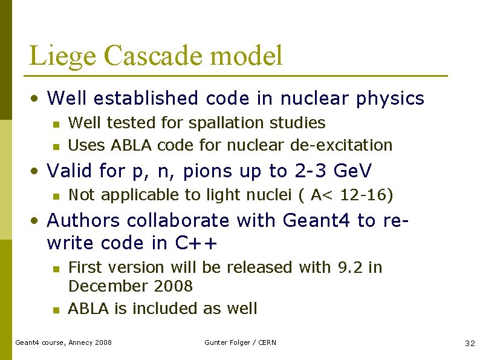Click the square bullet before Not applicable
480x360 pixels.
click(x=55, y=196)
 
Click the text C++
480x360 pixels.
click(x=196, y=243)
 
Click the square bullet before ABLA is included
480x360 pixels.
click(x=55, y=310)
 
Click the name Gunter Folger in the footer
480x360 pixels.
click(x=228, y=342)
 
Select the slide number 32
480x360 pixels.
click(x=470, y=343)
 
